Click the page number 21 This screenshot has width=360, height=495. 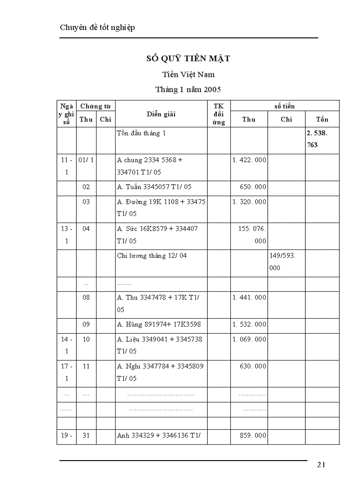(321, 464)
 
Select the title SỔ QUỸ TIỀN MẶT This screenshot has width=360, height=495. (188, 58)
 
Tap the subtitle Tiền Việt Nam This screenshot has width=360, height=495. (188, 74)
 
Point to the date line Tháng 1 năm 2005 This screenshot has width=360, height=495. (188, 89)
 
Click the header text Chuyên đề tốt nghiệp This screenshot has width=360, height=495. (97, 27)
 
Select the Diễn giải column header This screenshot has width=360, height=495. (161, 114)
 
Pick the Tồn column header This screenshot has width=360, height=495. (322, 119)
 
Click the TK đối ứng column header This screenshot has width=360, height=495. (218, 114)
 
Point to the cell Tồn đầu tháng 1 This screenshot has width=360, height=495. (141, 133)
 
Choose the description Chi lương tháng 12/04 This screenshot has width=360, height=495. (152, 256)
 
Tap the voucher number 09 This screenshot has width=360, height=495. (86, 324)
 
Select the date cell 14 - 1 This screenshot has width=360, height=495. (67, 345)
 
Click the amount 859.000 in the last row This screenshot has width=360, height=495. (253, 435)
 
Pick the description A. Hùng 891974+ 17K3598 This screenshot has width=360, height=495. (159, 324)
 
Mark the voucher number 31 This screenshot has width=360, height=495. (86, 435)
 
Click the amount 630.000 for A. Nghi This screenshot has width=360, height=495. (253, 366)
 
